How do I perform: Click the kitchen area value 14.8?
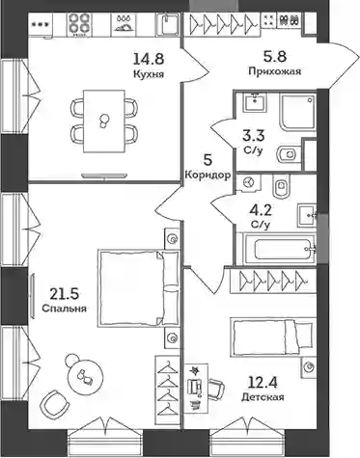coord(149,59)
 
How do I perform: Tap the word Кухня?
coord(149,74)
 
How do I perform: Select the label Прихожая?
coord(275,71)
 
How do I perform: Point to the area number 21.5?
coord(65,293)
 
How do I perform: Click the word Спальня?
coord(65,309)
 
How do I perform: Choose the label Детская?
coord(263,397)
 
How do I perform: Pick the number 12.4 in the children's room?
coord(263,383)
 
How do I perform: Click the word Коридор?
coord(208,175)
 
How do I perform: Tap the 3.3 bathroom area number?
coord(254,136)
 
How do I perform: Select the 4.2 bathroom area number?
coord(261,211)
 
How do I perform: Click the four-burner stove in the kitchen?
coord(78,23)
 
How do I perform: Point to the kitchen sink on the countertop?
coord(167,24)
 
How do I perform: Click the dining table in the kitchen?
coord(103,121)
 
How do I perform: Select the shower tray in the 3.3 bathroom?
coord(298,112)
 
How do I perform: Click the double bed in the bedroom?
coord(138,288)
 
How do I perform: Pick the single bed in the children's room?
coord(272,337)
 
